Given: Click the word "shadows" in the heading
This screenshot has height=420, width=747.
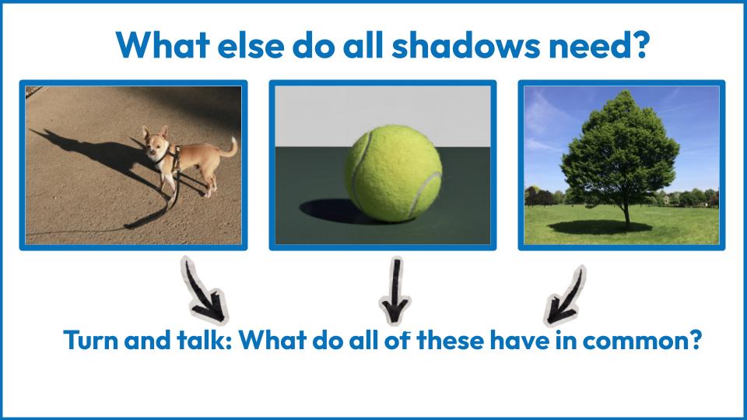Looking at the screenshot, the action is click(x=465, y=45).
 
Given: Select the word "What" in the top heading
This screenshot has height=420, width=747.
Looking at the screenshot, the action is click(x=163, y=45).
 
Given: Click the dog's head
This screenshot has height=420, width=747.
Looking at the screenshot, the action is click(x=156, y=143).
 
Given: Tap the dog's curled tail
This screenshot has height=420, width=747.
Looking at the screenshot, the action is click(x=230, y=148).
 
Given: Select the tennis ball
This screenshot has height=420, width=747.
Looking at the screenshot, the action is click(x=393, y=173).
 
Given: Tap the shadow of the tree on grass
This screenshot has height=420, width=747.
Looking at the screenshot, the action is click(x=600, y=227).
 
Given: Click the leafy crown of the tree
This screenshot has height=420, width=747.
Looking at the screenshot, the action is click(x=620, y=148).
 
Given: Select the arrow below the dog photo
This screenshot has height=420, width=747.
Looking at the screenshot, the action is click(x=204, y=290).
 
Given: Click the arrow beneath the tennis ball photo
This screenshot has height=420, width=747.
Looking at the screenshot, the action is click(x=395, y=290).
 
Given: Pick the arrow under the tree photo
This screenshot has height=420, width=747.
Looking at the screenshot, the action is click(x=566, y=296).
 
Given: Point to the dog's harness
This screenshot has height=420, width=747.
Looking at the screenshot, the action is click(x=170, y=157).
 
